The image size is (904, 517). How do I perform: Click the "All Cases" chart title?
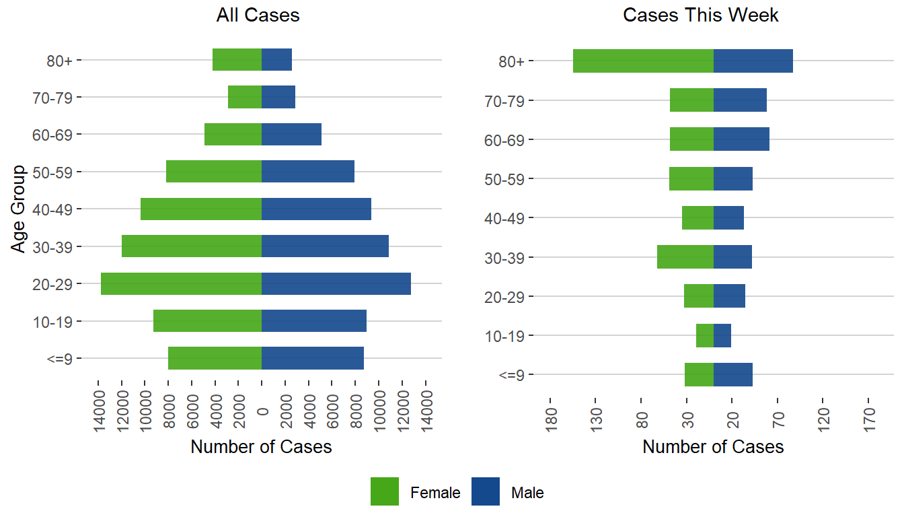click(258, 15)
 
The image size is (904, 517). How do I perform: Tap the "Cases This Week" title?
click(701, 15)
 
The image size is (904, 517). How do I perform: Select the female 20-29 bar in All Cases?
click(181, 283)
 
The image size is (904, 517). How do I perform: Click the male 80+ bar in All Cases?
click(276, 60)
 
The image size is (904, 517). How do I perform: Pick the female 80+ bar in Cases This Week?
click(643, 61)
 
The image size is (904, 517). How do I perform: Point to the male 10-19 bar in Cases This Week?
click(722, 335)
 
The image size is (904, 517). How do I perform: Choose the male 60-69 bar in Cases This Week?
click(741, 139)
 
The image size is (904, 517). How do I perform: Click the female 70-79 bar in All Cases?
click(245, 97)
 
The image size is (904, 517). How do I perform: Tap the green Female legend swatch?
click(385, 491)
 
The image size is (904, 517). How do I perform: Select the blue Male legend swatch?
click(486, 491)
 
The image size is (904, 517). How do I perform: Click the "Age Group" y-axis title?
click(19, 209)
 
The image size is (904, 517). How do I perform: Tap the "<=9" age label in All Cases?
click(63, 359)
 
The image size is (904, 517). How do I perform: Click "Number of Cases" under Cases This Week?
click(713, 446)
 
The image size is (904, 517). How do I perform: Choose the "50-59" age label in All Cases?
click(57, 172)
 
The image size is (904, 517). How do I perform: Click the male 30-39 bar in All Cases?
click(325, 246)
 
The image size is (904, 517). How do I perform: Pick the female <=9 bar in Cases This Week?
click(699, 374)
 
